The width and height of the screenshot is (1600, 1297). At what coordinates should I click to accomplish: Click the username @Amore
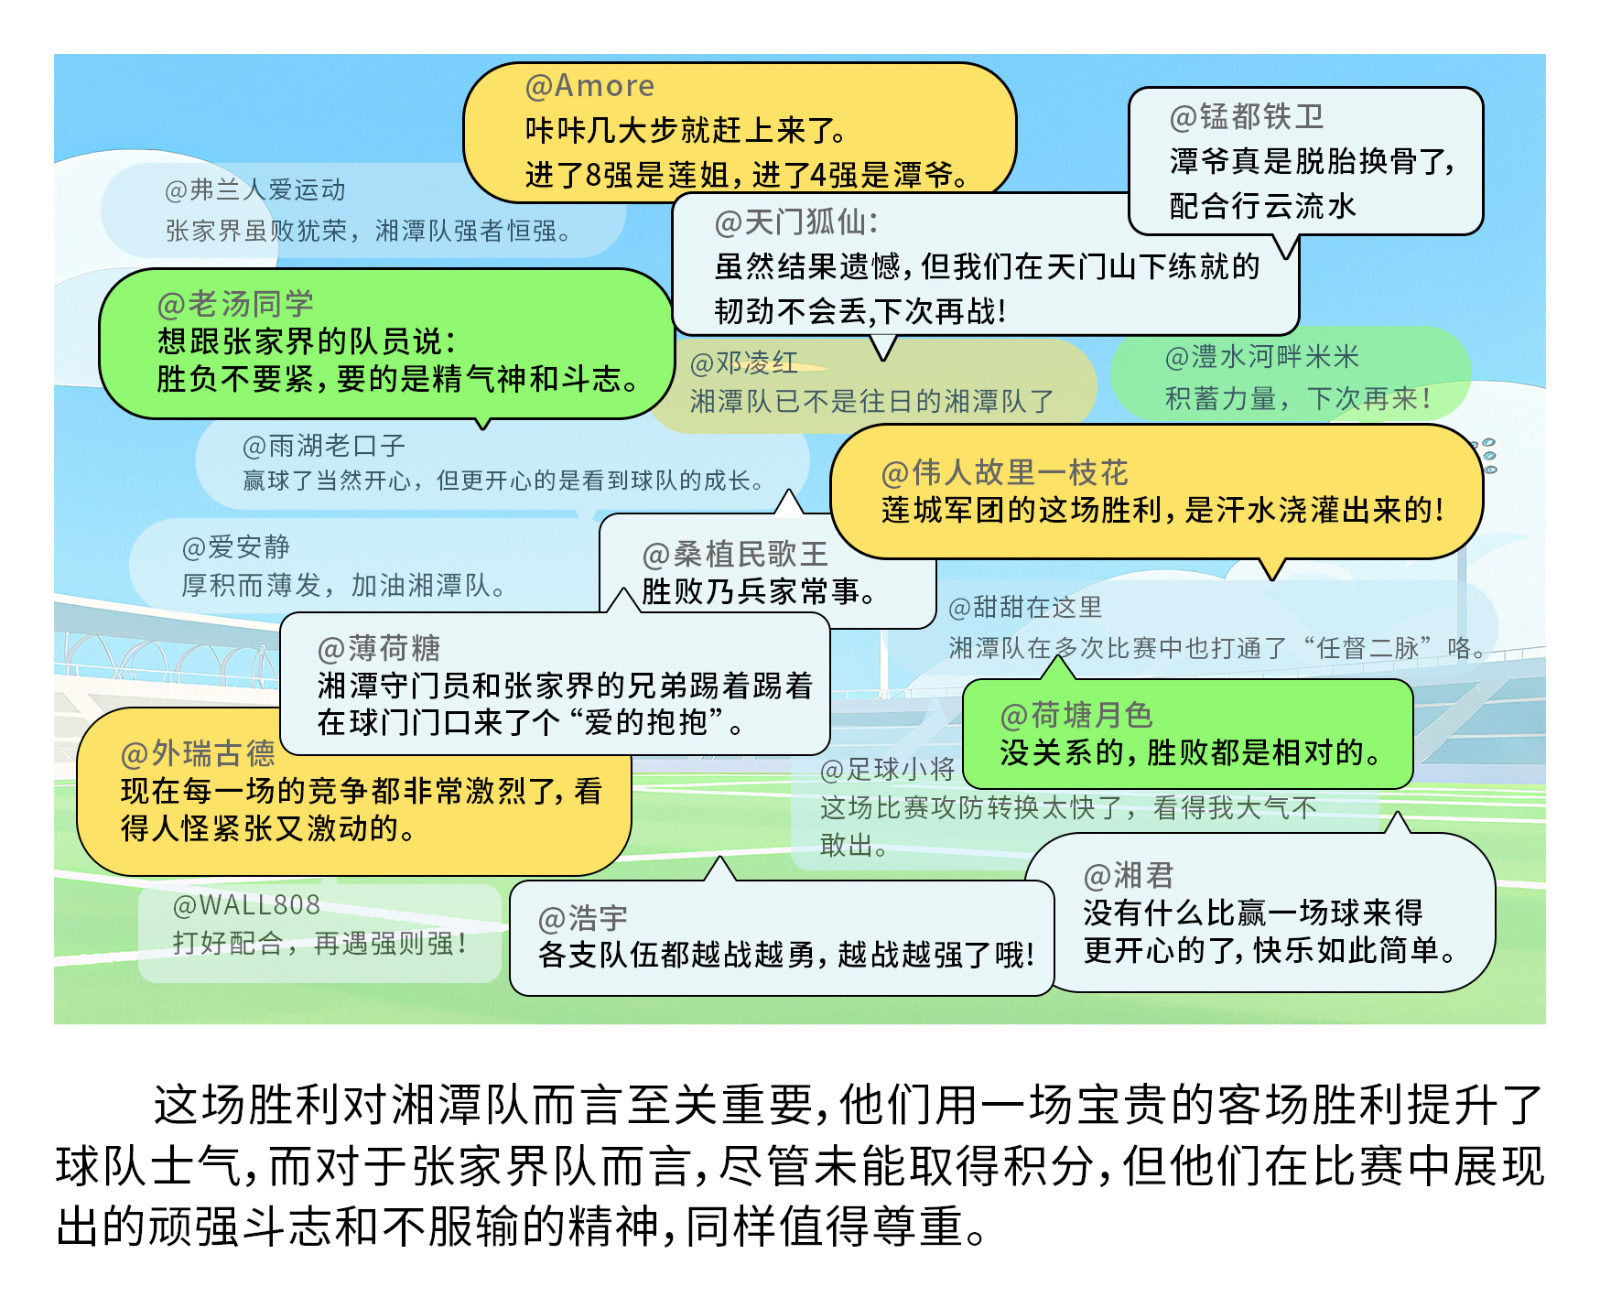pos(589,86)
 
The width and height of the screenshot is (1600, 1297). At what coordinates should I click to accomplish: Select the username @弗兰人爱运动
pos(254,190)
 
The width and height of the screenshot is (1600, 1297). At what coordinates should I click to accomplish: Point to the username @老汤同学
pos(235,304)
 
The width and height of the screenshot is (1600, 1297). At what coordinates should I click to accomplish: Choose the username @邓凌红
pos(743,363)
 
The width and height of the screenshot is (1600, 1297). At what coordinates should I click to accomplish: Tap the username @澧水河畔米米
pos(1261,357)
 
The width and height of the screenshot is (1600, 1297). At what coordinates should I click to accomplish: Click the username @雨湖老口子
pos(323,446)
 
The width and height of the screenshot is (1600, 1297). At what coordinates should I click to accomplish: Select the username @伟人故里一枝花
pos(1004,473)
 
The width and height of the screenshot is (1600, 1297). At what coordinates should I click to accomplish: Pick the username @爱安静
pos(235,547)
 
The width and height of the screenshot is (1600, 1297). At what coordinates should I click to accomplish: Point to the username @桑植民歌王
pos(735,555)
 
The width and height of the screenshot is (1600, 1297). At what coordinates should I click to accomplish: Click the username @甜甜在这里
pos(1025,608)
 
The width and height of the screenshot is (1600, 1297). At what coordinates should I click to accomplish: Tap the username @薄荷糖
pos(378,649)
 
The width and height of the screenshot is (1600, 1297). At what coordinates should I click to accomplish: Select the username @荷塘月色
pos(1076,715)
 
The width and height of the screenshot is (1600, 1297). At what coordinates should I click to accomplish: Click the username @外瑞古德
pos(198,754)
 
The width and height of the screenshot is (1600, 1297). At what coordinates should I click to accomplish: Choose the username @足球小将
pos(887,770)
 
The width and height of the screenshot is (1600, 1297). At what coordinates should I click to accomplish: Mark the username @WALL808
pos(246,905)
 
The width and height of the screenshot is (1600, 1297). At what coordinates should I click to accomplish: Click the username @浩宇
pos(583,918)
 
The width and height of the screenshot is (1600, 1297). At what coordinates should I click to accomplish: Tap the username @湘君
pos(1128,876)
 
